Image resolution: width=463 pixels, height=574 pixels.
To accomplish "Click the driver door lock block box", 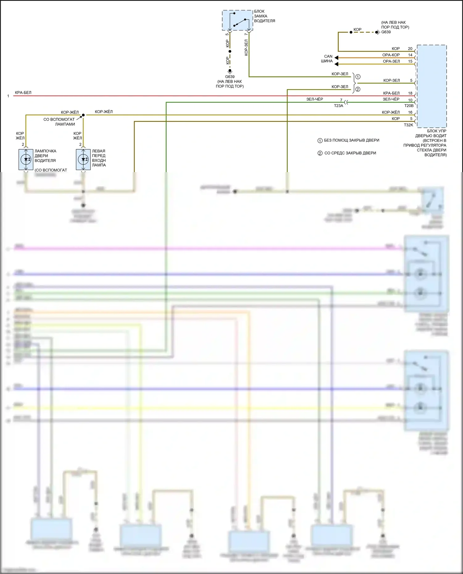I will click(237, 20).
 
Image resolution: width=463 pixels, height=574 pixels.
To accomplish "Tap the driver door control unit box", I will click(432, 86).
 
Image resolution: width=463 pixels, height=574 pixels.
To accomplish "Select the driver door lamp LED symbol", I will click(26, 159).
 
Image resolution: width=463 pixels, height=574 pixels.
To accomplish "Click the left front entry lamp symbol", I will click(83, 159).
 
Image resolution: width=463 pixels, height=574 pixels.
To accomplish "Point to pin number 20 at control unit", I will click(410, 49).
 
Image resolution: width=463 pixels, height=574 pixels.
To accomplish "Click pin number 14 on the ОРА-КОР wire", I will click(410, 55).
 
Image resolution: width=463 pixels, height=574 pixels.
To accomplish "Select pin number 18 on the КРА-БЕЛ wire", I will click(410, 93).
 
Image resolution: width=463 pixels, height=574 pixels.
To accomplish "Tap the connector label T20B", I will click(409, 106).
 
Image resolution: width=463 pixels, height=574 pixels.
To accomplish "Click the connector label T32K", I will click(408, 125).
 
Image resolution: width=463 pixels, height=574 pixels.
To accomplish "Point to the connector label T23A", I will click(338, 106).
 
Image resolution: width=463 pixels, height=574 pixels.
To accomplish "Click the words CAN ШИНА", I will click(327, 59).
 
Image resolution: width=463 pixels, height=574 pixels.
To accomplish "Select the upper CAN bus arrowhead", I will click(336, 58).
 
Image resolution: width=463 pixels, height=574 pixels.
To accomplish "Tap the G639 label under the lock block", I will click(230, 77).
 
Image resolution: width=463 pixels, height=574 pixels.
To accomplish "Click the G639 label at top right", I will click(386, 32).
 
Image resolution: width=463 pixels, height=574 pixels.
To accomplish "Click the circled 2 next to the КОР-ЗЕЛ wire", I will click(358, 89).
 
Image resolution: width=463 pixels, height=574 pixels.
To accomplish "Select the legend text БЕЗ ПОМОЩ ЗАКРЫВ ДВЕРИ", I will click(351, 140).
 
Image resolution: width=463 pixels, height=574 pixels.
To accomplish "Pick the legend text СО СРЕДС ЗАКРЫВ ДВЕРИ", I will click(350, 153).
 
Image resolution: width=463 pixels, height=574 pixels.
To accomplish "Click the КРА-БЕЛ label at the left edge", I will click(23, 93).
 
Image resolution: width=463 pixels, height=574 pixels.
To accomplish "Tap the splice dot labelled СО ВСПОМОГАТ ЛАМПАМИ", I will click(83, 115).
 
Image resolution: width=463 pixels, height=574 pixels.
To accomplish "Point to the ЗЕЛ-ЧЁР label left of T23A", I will click(315, 99).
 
